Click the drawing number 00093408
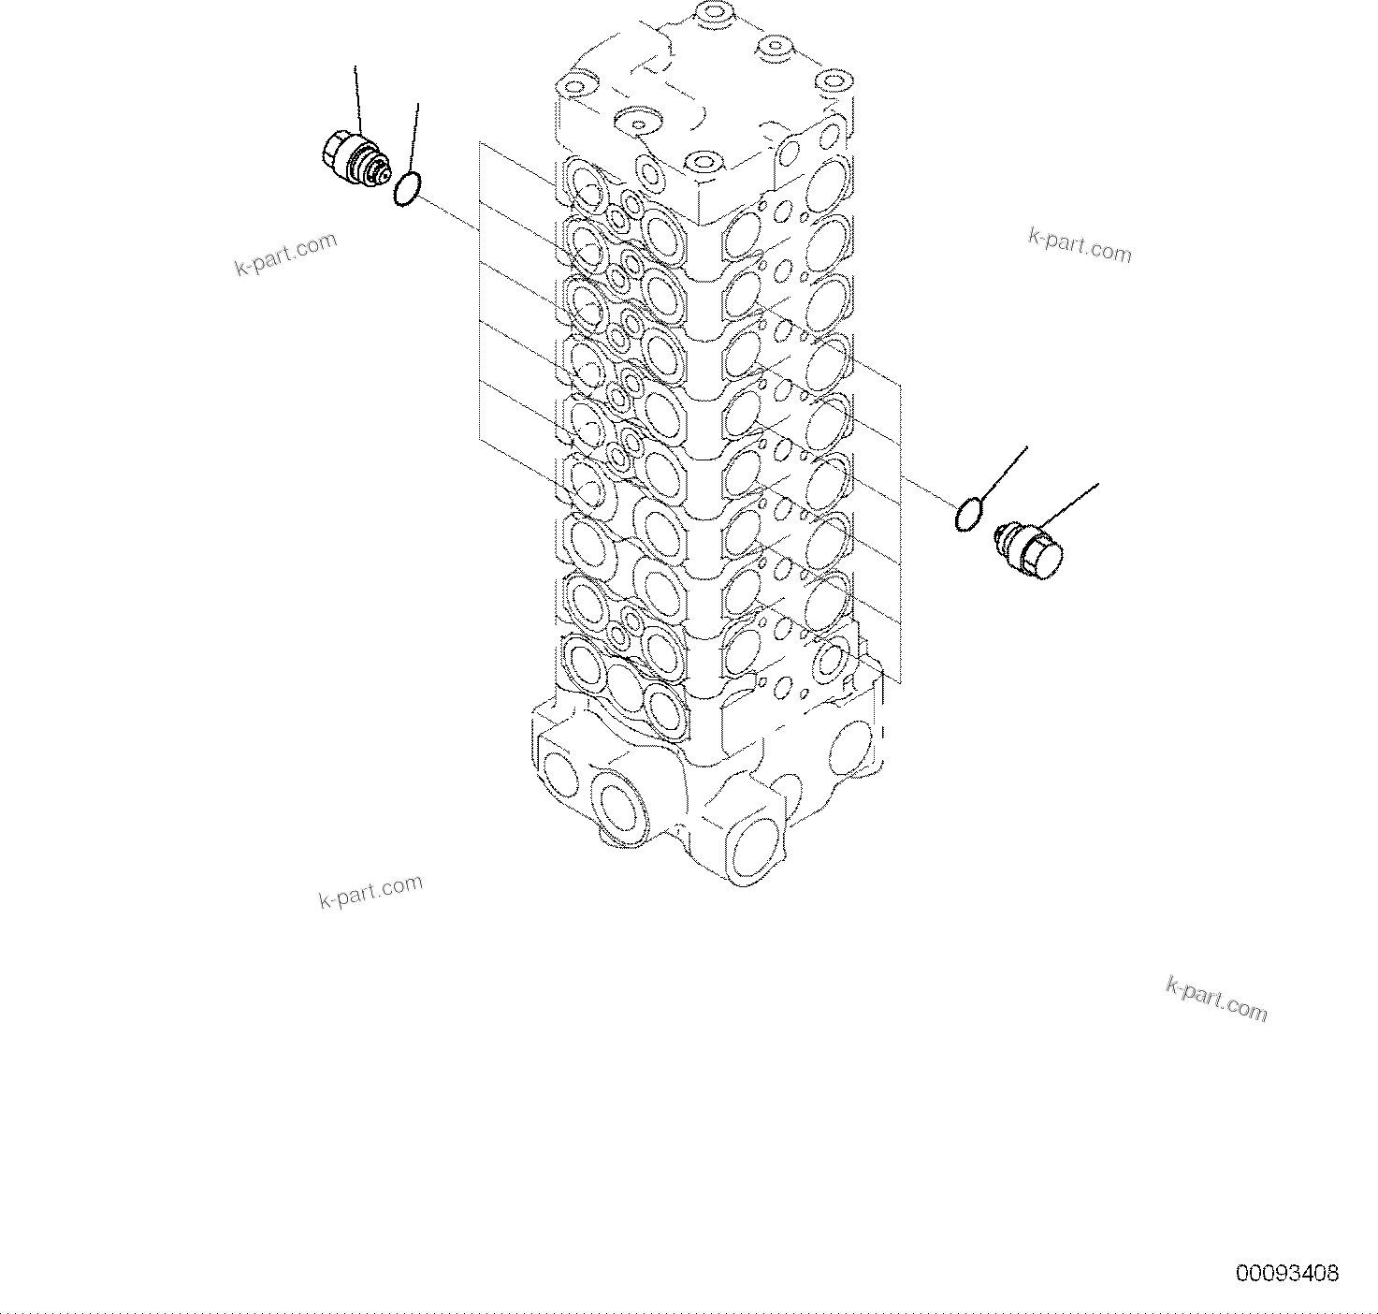[1287, 1273]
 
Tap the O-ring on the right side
[969, 514]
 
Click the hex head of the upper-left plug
[334, 150]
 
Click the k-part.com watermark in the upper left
[285, 254]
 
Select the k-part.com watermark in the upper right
[1080, 245]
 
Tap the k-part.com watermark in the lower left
[370, 892]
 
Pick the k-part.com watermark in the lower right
[1216, 1000]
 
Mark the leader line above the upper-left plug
[357, 98]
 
